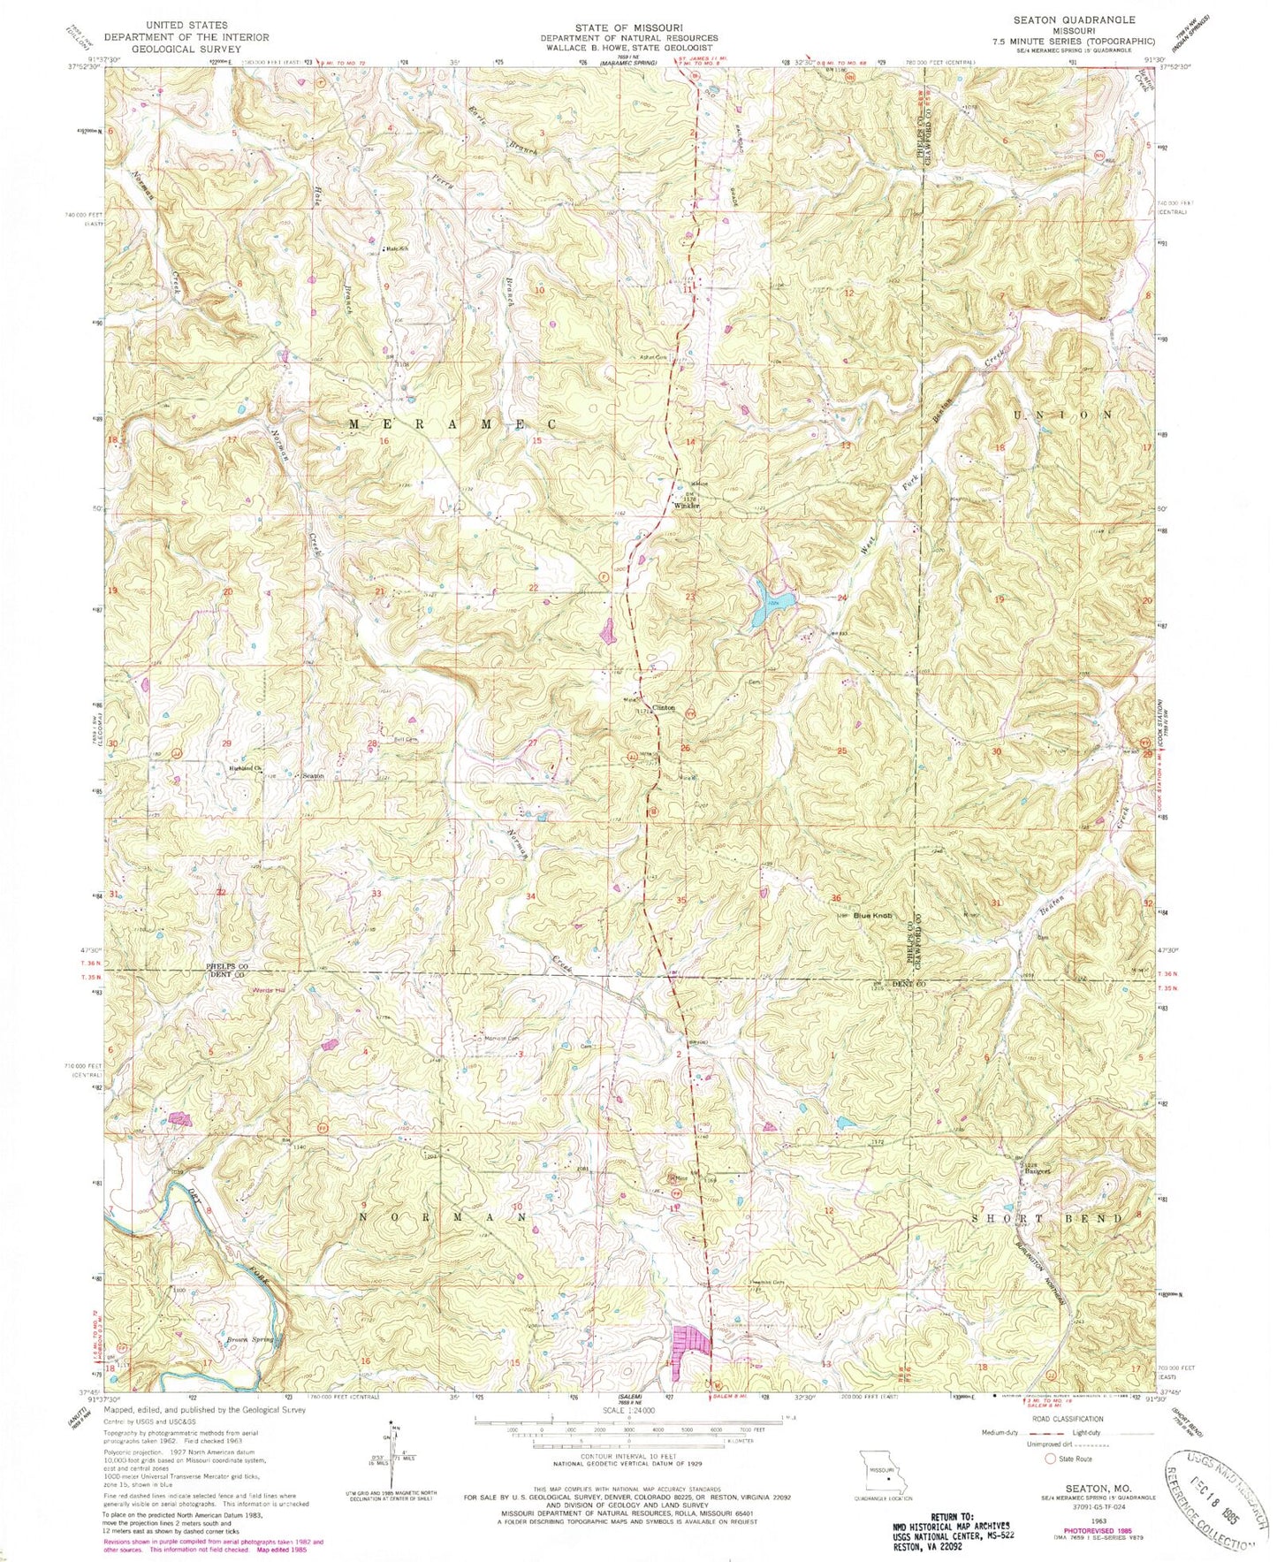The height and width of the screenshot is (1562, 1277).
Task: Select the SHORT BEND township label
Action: tap(1047, 1217)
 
